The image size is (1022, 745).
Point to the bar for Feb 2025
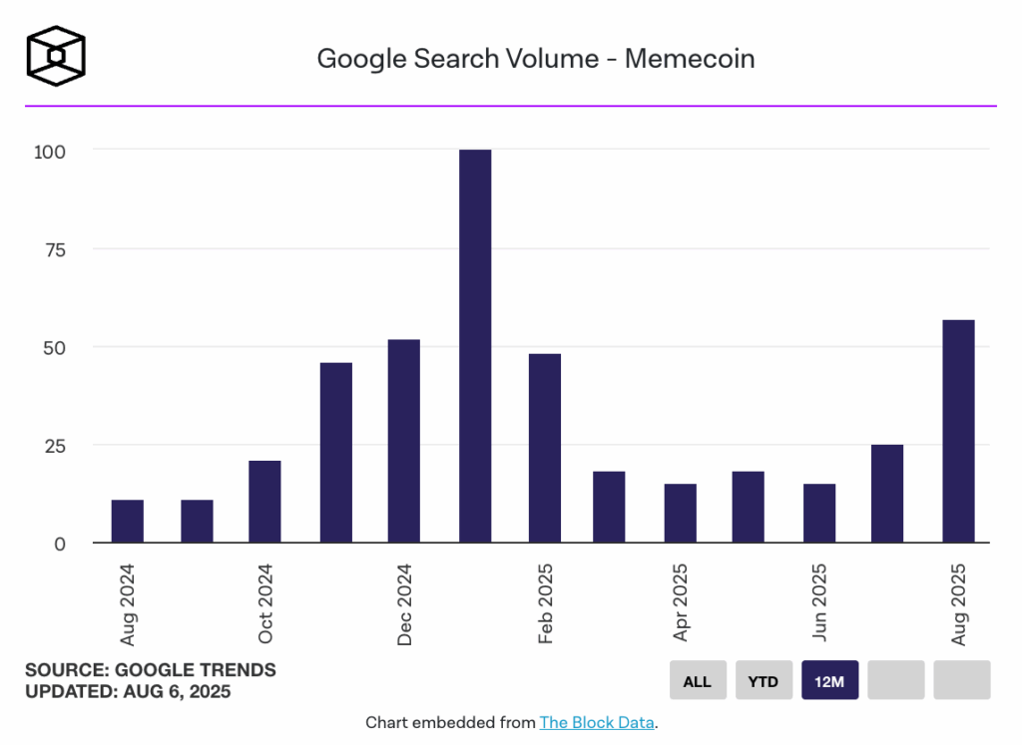click(x=545, y=448)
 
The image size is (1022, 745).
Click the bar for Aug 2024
click(x=127, y=521)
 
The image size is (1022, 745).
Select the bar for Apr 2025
click(x=681, y=513)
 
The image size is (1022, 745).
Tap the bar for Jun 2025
click(x=819, y=513)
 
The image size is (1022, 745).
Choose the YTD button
click(x=764, y=681)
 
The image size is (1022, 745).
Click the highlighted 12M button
click(x=829, y=681)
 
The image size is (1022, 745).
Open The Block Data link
click(x=597, y=722)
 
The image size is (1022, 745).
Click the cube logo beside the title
click(x=56, y=55)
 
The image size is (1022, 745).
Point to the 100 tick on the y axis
click(x=50, y=152)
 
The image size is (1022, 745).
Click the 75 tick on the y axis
click(x=54, y=249)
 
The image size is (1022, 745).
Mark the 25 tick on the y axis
click(x=54, y=446)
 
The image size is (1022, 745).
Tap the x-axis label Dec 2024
click(x=404, y=604)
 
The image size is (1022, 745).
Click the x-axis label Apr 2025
click(x=681, y=602)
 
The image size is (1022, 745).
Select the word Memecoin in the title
click(x=690, y=59)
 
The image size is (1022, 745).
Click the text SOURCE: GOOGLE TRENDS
click(x=151, y=669)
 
